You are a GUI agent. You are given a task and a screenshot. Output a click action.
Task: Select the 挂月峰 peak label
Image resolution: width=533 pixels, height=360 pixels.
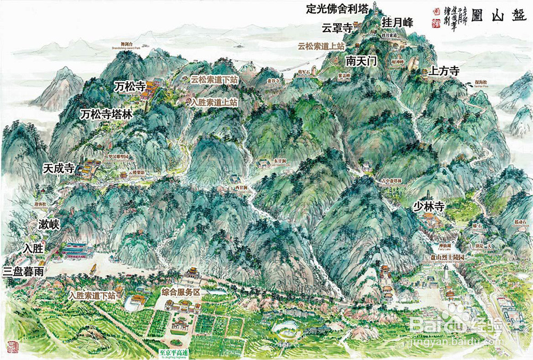point(398,23)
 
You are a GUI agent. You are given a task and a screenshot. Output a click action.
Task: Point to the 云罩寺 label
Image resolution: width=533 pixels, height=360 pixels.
point(337,28)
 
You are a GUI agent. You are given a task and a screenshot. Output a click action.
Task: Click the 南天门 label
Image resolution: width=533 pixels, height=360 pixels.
point(361,61)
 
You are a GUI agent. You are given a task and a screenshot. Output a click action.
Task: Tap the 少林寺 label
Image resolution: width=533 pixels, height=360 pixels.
point(429,207)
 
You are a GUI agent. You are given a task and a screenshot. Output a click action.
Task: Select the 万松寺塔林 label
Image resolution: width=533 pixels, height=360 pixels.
point(106,114)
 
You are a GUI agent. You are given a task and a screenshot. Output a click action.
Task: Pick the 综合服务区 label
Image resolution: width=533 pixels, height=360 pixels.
point(180,292)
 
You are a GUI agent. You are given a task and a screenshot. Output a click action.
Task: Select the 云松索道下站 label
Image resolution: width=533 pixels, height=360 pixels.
point(214,79)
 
